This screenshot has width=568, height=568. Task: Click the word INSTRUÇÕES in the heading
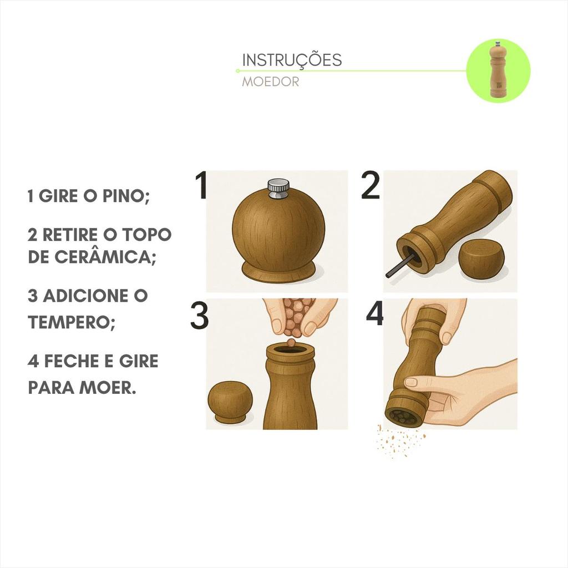coord(292,60)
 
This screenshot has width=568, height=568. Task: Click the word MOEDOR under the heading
coord(271,82)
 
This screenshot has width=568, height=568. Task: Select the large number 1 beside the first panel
coord(201,185)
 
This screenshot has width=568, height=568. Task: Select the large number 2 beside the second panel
coord(370,185)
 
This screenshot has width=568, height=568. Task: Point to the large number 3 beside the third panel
coord(199,316)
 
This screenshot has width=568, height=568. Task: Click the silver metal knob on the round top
coord(278,189)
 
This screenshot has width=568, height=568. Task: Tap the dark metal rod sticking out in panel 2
coord(398,266)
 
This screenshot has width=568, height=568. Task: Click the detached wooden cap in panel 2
coord(481,260)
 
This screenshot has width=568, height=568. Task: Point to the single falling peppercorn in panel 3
coord(291,342)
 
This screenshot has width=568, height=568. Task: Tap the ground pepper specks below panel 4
coord(401,440)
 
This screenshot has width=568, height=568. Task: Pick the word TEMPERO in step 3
coord(72,321)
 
